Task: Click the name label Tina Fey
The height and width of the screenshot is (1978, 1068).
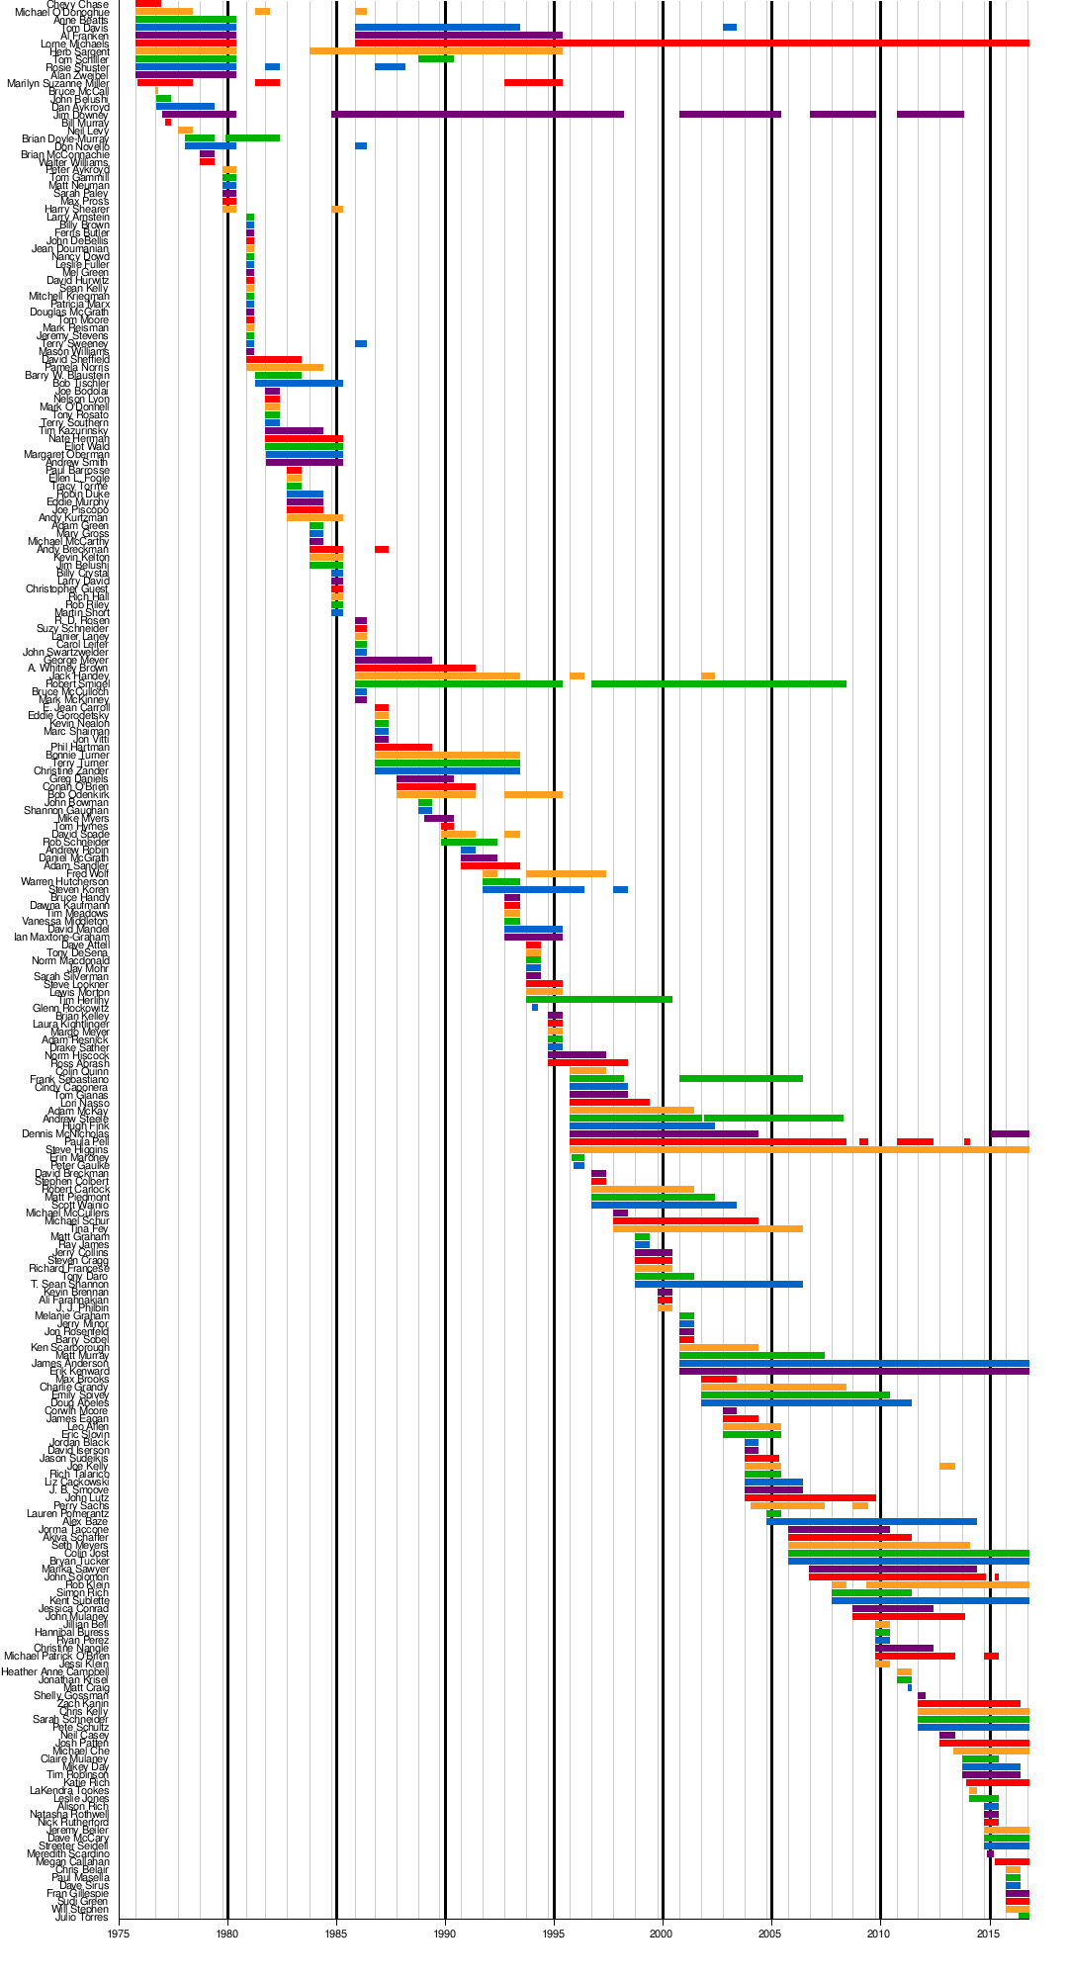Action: [x=90, y=1229]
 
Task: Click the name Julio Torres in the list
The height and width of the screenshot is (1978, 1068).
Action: [x=82, y=1918]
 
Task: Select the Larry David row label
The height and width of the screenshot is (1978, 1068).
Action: [x=83, y=582]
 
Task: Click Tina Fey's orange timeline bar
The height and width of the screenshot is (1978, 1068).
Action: [x=707, y=1229]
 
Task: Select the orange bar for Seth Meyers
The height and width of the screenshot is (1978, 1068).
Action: [x=878, y=1546]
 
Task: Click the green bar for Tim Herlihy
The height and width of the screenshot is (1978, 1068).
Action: [x=599, y=1000]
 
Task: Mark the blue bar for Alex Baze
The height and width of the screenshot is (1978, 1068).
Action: [x=871, y=1522]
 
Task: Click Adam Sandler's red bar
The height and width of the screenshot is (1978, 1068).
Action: [x=489, y=866]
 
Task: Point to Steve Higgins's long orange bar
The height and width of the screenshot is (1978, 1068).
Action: [x=799, y=1150]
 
